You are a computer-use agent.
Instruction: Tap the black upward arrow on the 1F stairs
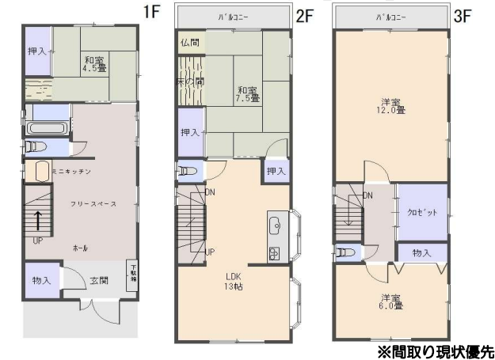37,221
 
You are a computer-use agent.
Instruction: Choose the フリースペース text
93,204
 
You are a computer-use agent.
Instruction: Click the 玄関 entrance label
99,281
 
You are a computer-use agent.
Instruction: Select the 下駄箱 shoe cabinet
133,273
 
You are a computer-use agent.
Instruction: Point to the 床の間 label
190,81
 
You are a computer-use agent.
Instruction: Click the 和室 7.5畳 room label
246,95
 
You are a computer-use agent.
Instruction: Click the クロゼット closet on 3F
422,213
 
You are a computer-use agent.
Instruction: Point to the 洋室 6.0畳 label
387,303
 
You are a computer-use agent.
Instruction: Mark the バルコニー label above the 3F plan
390,16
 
